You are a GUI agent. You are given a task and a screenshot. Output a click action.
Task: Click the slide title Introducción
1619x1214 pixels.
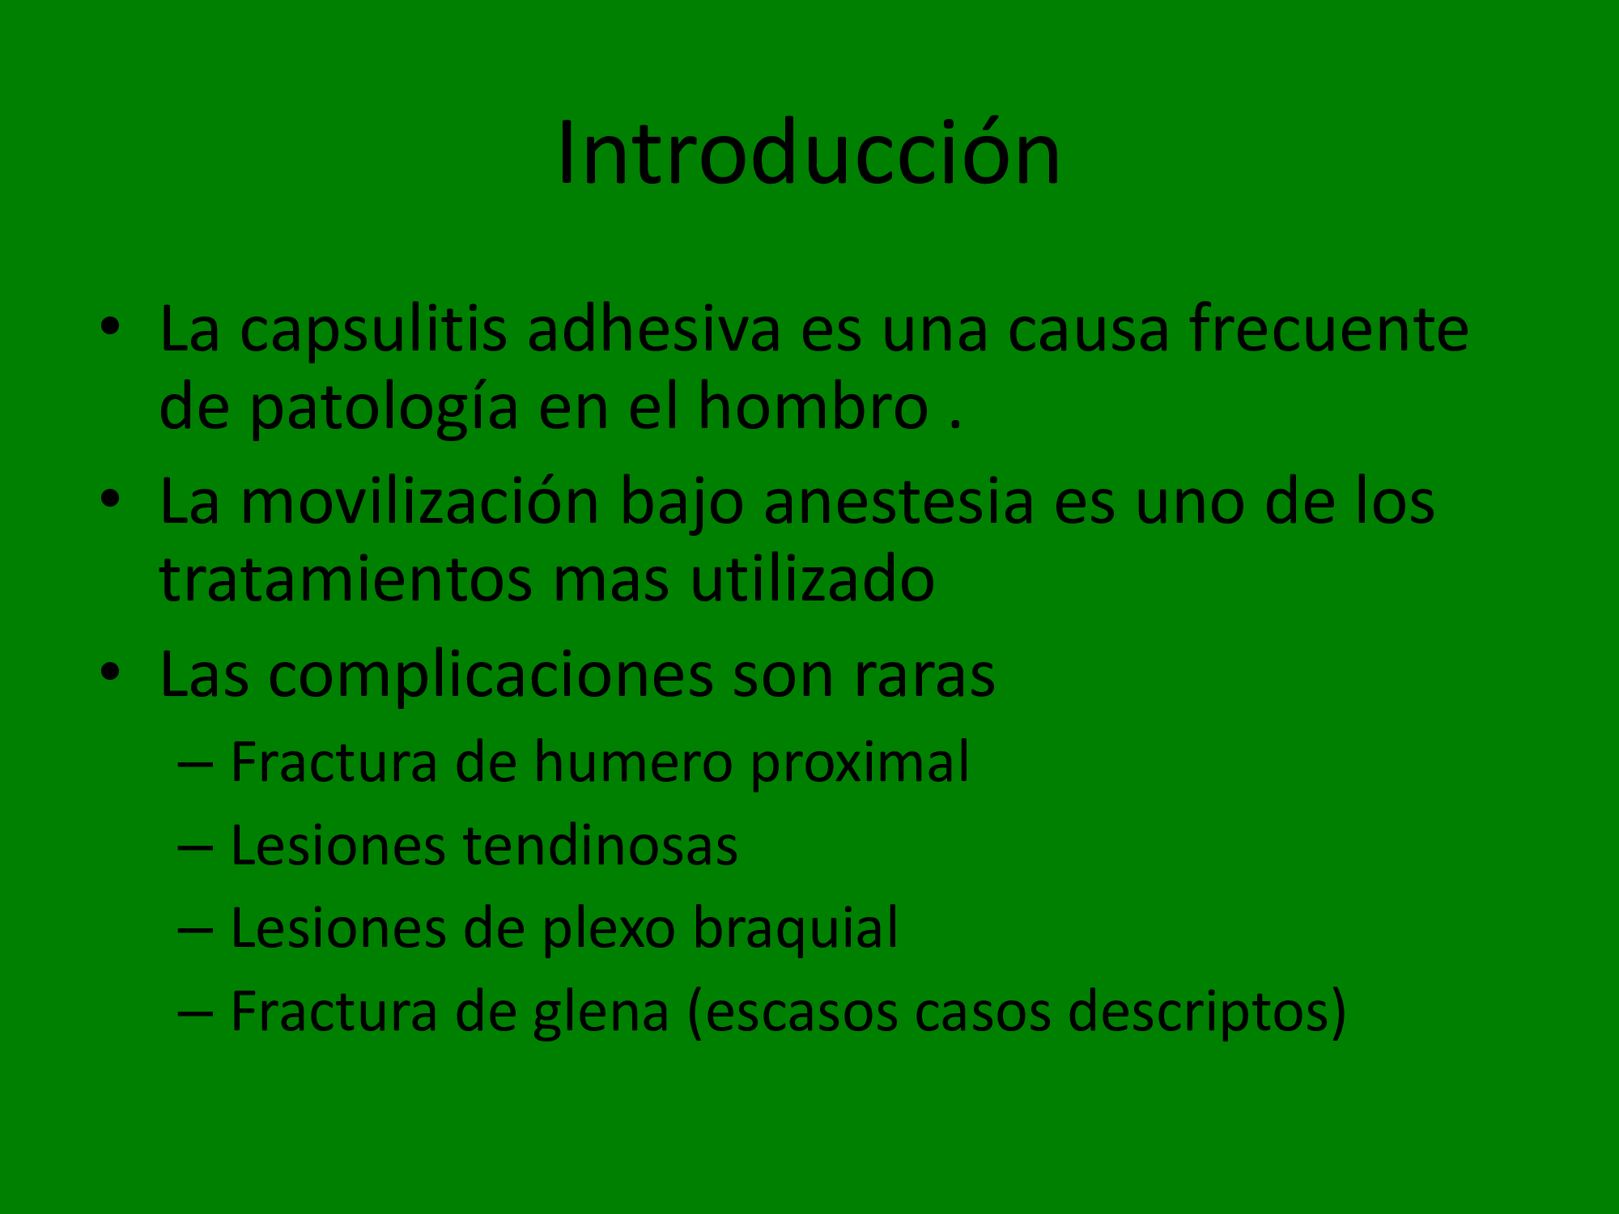pyautogui.click(x=809, y=153)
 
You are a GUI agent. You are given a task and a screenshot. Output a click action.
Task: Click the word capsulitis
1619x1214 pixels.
pyautogui.click(x=373, y=331)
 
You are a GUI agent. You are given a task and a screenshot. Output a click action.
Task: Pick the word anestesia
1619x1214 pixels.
pyautogui.click(x=899, y=502)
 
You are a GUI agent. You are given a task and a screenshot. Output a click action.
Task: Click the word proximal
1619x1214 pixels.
pyautogui.click(x=860, y=764)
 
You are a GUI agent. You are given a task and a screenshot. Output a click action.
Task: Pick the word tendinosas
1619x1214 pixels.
pyautogui.click(x=600, y=846)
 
